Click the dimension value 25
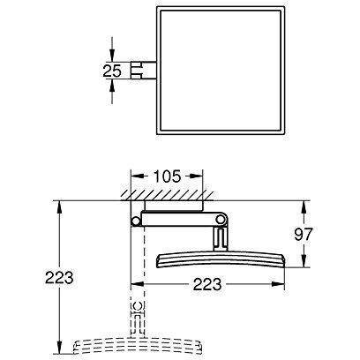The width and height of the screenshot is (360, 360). [112, 71]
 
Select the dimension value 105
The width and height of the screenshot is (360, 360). [167, 176]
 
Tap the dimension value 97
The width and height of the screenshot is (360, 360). [304, 234]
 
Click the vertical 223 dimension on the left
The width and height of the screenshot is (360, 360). [59, 277]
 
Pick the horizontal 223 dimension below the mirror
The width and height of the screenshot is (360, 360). [207, 284]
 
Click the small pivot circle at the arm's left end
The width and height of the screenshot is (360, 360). [136, 221]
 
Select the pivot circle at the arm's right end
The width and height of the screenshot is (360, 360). [220, 219]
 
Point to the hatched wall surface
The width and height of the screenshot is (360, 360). [167, 195]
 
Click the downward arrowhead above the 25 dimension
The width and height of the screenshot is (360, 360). [112, 56]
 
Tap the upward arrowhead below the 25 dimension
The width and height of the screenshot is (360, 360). [112, 86]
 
